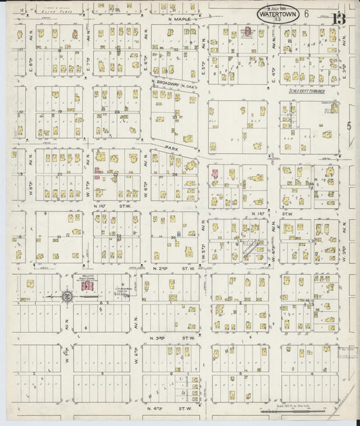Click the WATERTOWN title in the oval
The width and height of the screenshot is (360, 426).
[x=279, y=13]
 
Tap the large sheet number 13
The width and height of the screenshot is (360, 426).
[x=337, y=17]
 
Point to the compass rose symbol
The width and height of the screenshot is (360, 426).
[x=67, y=295]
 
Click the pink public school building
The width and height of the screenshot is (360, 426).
[x=86, y=287]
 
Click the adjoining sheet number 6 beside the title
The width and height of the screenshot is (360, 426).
[x=306, y=13]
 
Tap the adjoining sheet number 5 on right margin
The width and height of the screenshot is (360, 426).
[x=349, y=126]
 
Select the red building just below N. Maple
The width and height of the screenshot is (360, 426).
[x=248, y=32]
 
